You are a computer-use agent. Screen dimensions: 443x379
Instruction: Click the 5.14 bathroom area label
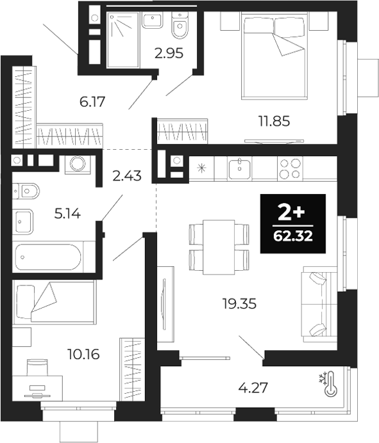coord(68,215)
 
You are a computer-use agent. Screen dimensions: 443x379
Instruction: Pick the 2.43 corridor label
coord(126,175)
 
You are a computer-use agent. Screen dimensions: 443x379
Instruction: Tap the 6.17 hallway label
coord(92,101)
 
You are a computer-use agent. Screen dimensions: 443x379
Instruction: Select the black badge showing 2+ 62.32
coord(293,223)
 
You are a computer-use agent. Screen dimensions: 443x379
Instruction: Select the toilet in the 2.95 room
coord(180,26)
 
